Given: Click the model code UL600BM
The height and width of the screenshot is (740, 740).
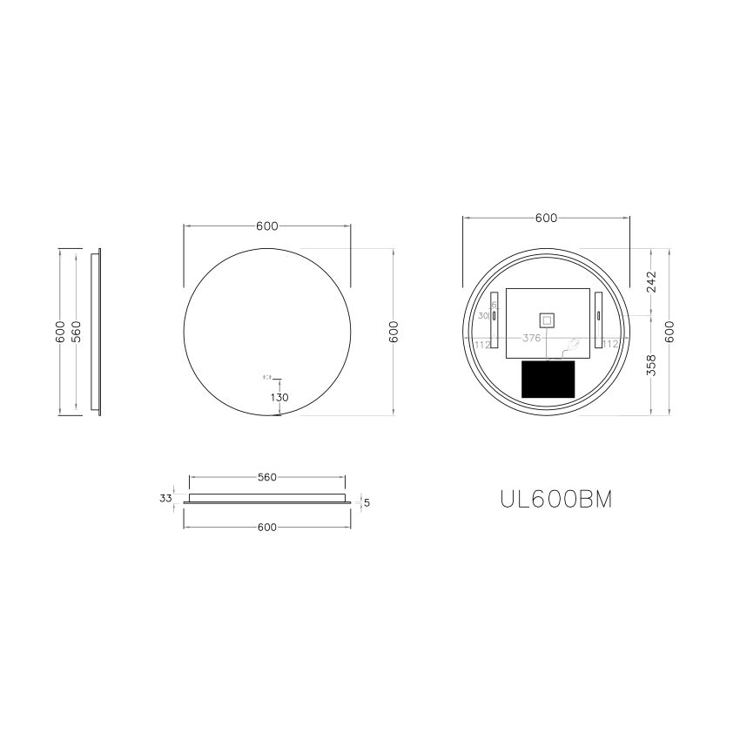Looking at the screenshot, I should [x=556, y=499].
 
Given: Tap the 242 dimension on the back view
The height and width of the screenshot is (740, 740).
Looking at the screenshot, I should [x=652, y=282].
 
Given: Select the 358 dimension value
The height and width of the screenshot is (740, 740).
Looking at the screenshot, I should [x=652, y=365].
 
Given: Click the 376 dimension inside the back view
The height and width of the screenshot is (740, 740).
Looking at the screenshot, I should [x=531, y=338].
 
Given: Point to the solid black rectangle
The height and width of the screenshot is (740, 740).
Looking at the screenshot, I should [x=548, y=380].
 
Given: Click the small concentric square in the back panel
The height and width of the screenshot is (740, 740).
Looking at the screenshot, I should [x=547, y=320].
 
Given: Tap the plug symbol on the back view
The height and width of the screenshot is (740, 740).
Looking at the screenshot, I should [x=572, y=346].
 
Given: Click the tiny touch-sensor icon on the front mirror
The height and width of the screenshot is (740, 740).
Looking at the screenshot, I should [x=267, y=378].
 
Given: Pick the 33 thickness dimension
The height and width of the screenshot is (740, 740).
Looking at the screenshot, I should [x=166, y=499].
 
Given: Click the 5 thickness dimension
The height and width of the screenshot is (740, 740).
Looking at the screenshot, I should [x=367, y=501].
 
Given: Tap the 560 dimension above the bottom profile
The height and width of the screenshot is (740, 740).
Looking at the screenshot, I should [x=266, y=477].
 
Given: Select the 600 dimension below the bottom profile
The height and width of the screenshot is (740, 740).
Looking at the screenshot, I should [x=266, y=528].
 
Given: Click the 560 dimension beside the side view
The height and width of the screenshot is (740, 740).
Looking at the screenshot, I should [x=77, y=333].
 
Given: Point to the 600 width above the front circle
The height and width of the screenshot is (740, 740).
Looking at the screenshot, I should [x=266, y=226].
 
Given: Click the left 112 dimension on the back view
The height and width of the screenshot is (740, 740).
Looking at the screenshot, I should [x=482, y=344].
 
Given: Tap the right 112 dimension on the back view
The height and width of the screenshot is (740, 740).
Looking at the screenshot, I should [x=610, y=344].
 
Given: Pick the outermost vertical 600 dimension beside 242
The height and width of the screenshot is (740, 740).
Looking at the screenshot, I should [x=669, y=333].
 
